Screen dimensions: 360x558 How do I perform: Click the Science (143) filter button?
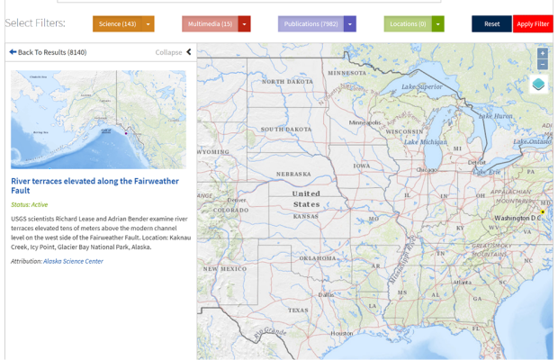point(117,24)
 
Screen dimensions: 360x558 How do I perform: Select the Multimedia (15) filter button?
point(210,24)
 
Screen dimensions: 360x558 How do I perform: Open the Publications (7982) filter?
point(310,24)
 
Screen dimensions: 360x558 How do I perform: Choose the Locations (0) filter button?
point(408,24)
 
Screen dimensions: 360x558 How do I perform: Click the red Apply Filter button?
point(533,24)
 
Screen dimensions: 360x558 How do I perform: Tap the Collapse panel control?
point(174,52)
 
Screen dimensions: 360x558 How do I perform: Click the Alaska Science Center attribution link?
point(73,261)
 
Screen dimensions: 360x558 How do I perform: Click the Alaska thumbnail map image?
point(98,120)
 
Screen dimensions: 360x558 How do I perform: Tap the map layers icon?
point(538,85)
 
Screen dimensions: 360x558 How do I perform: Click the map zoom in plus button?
point(542,54)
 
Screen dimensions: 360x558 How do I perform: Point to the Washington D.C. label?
point(517,218)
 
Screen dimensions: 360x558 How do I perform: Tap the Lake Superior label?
point(421,86)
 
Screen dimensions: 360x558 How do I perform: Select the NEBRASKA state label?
point(293,174)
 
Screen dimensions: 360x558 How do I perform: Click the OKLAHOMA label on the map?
point(319,257)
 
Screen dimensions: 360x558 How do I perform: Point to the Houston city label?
point(342,333)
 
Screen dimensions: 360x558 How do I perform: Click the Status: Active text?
point(30,204)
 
